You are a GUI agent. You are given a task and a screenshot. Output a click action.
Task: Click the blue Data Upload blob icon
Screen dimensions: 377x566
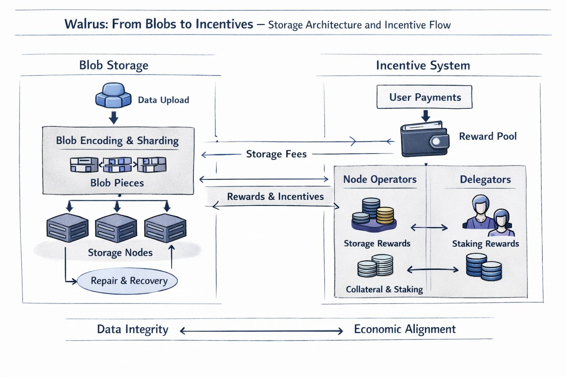click(x=113, y=95)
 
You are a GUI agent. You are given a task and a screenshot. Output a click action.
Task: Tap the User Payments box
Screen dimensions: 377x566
click(x=424, y=97)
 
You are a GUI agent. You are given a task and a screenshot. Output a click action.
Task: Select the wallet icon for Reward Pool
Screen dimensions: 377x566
click(x=424, y=140)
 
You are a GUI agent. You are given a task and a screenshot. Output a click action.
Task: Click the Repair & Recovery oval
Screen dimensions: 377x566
click(x=127, y=281)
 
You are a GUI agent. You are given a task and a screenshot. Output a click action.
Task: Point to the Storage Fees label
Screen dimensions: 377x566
click(x=276, y=154)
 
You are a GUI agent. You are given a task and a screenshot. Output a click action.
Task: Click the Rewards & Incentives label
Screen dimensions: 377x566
click(x=275, y=197)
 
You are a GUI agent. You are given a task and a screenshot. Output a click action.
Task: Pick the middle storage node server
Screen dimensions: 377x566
click(x=116, y=228)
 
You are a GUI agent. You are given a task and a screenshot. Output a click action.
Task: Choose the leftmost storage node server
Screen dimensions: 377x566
click(x=67, y=228)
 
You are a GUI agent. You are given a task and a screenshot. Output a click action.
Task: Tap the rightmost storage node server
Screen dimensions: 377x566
click(x=165, y=228)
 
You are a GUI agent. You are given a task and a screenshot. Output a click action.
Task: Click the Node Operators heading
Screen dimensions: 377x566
click(x=380, y=179)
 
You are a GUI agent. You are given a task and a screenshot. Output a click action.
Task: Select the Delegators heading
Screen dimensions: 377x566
click(x=485, y=180)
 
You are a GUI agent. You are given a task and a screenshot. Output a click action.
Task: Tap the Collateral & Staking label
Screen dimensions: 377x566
click(x=384, y=289)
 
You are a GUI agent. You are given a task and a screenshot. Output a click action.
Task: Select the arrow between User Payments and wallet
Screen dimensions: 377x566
click(x=426, y=116)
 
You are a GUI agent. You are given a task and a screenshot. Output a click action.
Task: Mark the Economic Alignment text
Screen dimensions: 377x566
click(x=405, y=329)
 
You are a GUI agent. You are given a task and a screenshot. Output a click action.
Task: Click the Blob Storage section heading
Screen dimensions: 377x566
click(x=113, y=65)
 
